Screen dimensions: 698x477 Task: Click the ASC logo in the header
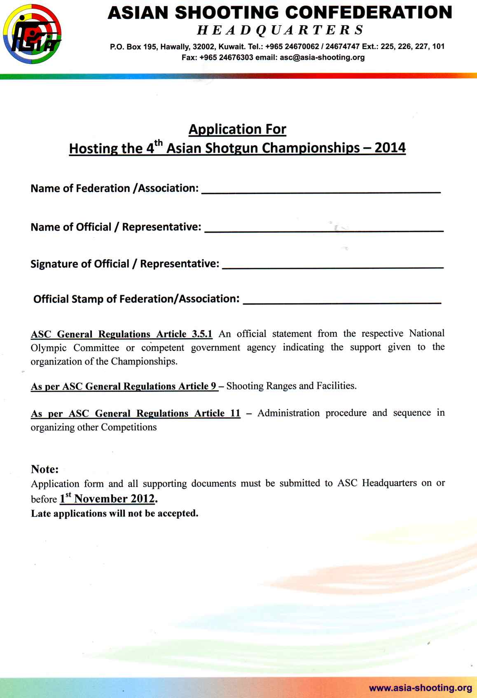[x=32, y=34]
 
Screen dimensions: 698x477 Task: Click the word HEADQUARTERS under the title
[x=280, y=30]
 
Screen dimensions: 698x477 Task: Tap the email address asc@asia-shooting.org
[x=322, y=58]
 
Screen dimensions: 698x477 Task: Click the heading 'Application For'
[x=237, y=129]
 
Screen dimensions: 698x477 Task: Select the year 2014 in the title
[x=390, y=148]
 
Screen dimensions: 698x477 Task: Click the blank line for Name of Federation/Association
[x=321, y=192]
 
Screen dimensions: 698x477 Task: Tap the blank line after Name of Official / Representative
[x=324, y=231]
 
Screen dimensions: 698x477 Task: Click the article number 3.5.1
[x=202, y=334]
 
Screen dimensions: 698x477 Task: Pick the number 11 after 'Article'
[x=235, y=413]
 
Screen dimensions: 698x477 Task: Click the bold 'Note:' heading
[x=45, y=469]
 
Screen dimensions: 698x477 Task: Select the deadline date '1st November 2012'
[x=108, y=499]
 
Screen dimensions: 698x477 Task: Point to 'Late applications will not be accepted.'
[x=115, y=514]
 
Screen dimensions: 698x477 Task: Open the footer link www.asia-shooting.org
[x=421, y=688]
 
